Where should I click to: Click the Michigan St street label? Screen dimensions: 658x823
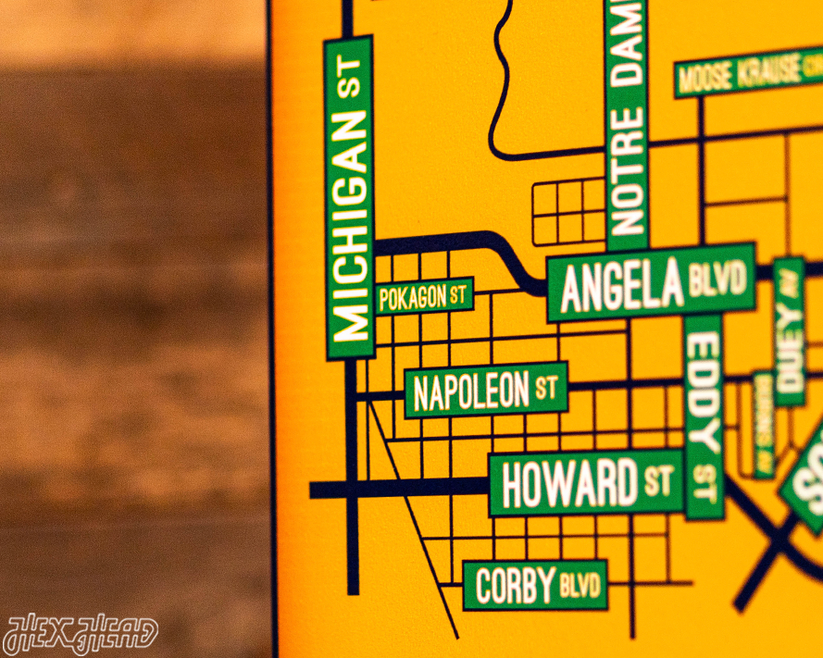point(351,197)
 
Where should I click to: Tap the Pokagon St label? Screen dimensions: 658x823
point(425,297)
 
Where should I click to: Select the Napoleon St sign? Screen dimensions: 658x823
point(486,390)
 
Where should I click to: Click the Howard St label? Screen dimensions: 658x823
point(585,482)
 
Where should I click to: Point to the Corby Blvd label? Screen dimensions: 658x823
point(535,585)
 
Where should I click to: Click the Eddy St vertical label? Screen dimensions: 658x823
point(704,416)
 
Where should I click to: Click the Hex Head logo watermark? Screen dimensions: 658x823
point(81,634)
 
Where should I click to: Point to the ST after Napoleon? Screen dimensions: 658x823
point(547,388)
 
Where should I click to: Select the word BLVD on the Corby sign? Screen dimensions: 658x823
point(580,585)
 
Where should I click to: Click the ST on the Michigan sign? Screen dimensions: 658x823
point(350,80)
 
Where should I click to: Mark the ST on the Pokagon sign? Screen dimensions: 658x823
point(458,296)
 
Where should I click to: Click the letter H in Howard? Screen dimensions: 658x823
point(515,485)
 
